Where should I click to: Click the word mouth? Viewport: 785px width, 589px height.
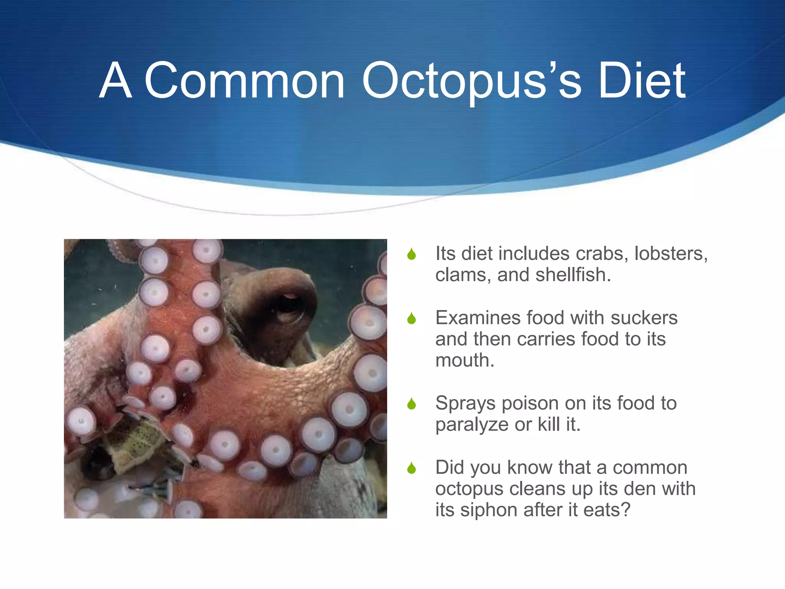click(465, 360)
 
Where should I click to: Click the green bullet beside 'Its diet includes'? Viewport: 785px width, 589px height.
click(412, 254)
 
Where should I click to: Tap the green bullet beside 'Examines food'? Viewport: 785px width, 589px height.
click(412, 318)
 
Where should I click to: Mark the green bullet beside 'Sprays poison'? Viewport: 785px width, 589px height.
click(412, 404)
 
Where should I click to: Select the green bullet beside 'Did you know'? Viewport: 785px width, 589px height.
click(412, 468)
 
